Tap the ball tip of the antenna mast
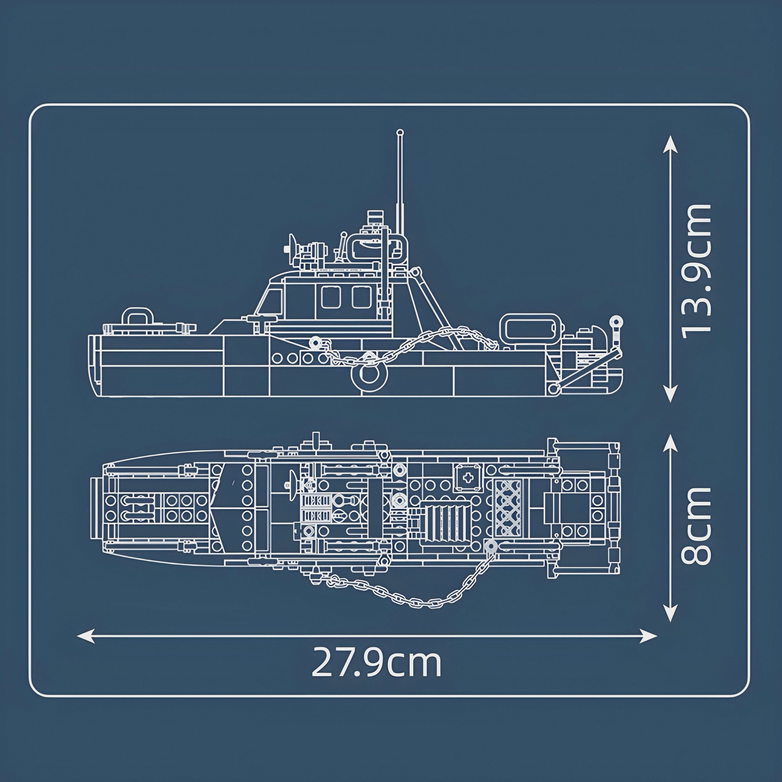[400, 132]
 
